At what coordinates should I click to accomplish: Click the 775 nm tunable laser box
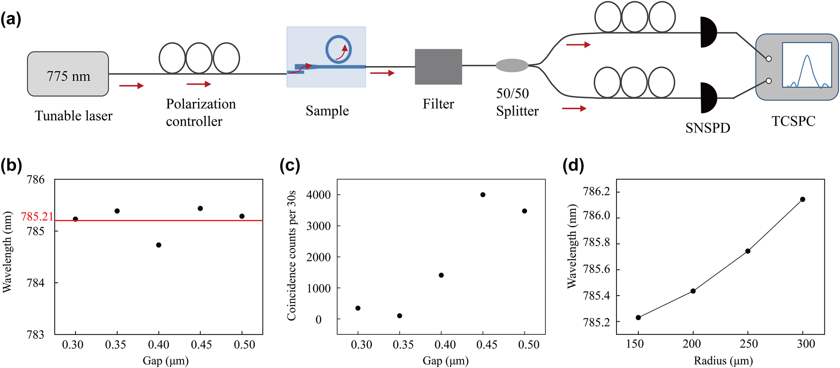[x=68, y=74]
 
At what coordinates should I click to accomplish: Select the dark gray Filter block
[x=438, y=67]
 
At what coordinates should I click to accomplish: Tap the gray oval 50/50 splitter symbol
[x=511, y=66]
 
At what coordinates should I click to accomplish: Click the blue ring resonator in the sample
[x=338, y=49]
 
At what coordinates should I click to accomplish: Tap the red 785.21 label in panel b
[x=37, y=217]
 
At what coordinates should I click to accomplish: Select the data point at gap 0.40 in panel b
[x=158, y=245]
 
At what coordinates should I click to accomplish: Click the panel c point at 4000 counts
[x=483, y=195]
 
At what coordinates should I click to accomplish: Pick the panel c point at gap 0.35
[x=400, y=316]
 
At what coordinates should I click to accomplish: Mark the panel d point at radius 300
[x=803, y=199]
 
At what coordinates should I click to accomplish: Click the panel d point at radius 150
[x=638, y=318]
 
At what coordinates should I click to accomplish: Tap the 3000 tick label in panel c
[x=319, y=226]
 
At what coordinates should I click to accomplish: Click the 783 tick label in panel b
[x=35, y=335]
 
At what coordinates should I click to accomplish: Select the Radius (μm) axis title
[x=723, y=360]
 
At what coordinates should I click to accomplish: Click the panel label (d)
[x=573, y=166]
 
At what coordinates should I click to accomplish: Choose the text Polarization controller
[x=200, y=112]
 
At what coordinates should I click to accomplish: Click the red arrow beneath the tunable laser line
[x=131, y=86]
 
